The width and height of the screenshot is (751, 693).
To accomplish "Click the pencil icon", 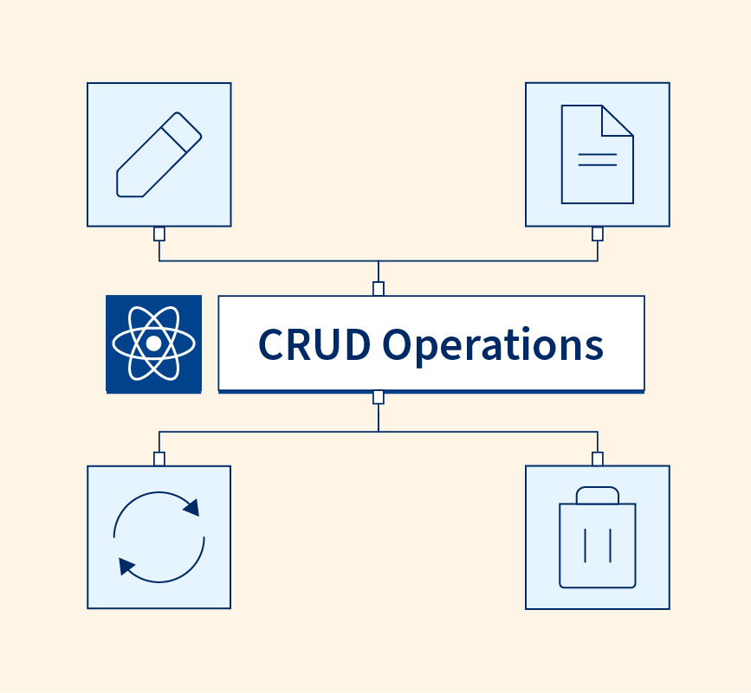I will pyautogui.click(x=159, y=154).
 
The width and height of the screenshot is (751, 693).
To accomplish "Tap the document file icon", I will pyautogui.click(x=597, y=154).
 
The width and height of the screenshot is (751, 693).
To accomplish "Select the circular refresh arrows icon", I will pyautogui.click(x=159, y=536).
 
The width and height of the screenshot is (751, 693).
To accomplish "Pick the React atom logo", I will pyautogui.click(x=153, y=343).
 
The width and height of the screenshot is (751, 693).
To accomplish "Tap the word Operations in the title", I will pyautogui.click(x=493, y=344).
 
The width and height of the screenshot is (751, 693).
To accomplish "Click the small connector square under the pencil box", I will pyautogui.click(x=159, y=234).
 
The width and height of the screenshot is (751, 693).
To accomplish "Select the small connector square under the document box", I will pyautogui.click(x=598, y=234).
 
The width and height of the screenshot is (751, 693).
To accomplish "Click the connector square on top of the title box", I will pyautogui.click(x=379, y=289).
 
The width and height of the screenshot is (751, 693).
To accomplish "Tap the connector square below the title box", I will pyautogui.click(x=379, y=397).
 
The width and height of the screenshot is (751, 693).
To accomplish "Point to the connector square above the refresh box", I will pyautogui.click(x=159, y=459).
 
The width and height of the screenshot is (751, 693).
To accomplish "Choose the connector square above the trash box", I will pyautogui.click(x=598, y=459).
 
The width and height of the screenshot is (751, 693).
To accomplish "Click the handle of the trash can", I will pyautogui.click(x=598, y=495).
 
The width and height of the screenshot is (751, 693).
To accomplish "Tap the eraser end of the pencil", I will pyautogui.click(x=184, y=129).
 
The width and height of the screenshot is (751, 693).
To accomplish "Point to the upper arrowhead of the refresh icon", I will pyautogui.click(x=191, y=506).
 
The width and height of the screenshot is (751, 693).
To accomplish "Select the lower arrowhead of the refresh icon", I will pyautogui.click(x=127, y=567).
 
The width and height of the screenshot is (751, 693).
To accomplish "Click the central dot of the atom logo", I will pyautogui.click(x=153, y=343).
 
